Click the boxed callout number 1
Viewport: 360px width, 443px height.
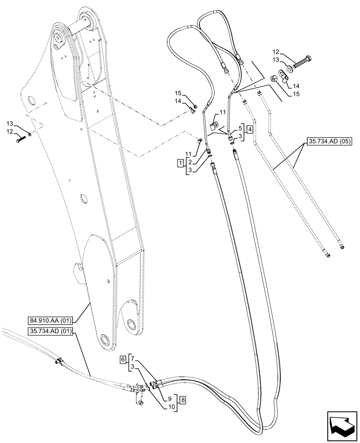[x=180, y=163]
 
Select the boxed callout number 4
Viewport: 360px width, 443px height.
[x=250, y=130]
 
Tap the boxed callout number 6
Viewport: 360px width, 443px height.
[x=123, y=360]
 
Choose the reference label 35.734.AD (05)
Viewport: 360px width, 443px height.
[x=327, y=143]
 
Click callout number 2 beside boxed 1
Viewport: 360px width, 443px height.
[x=190, y=162]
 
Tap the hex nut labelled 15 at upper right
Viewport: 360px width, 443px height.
[x=274, y=79]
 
